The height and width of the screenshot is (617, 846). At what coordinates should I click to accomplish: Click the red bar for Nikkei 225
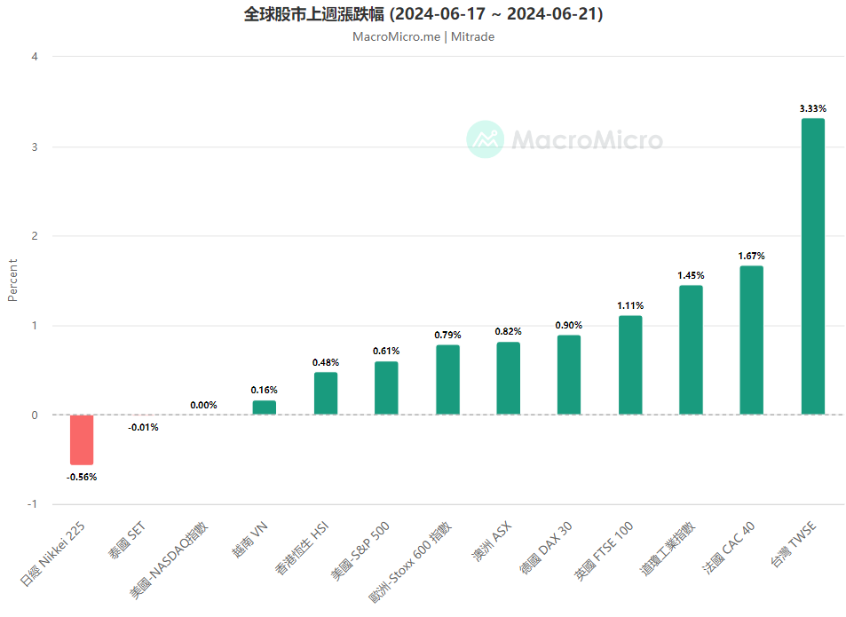point(82,439)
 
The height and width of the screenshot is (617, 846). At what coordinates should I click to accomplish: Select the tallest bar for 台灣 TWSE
point(812,266)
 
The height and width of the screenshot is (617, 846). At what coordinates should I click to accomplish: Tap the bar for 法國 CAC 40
point(751,340)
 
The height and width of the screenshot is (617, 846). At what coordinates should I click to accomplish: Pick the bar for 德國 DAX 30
point(569,375)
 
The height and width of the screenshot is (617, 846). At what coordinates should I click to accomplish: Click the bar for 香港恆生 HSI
point(326,393)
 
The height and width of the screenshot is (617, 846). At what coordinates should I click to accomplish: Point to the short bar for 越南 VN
point(265,407)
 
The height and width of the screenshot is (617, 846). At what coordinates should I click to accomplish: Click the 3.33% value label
point(812,108)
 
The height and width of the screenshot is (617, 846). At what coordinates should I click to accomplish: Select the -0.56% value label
point(82,477)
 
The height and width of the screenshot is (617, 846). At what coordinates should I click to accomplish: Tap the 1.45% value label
point(691,275)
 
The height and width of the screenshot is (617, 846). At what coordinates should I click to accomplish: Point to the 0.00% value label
point(203,405)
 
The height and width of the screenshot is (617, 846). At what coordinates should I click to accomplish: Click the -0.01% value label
point(143,427)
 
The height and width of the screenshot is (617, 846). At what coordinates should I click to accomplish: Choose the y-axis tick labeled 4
point(35,57)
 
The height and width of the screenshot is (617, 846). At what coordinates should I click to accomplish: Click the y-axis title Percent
point(12,280)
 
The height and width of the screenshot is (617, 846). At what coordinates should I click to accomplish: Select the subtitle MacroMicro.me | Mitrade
point(423,36)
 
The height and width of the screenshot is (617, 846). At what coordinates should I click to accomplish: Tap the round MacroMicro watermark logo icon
point(486,139)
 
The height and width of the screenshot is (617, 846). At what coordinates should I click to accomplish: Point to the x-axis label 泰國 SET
point(128,542)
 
